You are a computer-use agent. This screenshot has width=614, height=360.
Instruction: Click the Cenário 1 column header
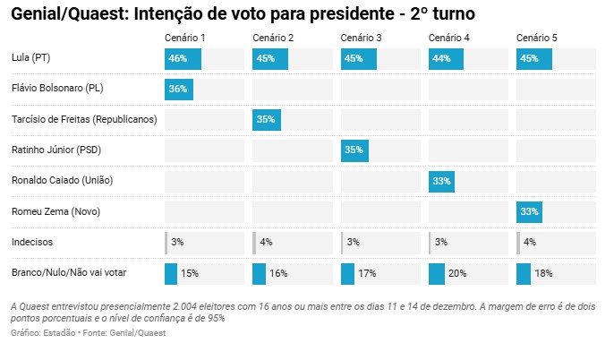(x=185, y=38)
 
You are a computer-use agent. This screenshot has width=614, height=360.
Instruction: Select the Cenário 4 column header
(x=449, y=38)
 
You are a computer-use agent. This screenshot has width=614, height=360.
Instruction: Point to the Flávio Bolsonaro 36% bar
(x=179, y=90)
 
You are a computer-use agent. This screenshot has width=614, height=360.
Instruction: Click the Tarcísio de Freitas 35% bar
(x=267, y=120)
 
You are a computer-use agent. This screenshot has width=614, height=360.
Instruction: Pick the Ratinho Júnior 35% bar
(x=354, y=150)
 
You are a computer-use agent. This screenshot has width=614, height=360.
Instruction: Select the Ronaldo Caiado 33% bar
(x=441, y=181)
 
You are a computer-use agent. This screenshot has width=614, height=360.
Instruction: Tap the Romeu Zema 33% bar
(x=529, y=211)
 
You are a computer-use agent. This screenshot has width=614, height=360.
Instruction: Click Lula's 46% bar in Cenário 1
(x=183, y=60)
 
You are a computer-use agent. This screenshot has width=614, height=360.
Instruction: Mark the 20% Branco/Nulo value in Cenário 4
(x=458, y=272)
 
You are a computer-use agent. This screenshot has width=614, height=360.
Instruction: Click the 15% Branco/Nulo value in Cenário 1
(x=190, y=272)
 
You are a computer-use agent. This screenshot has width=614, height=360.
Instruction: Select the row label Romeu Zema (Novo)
(x=55, y=211)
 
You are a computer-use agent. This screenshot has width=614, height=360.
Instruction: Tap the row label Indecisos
(x=32, y=242)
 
